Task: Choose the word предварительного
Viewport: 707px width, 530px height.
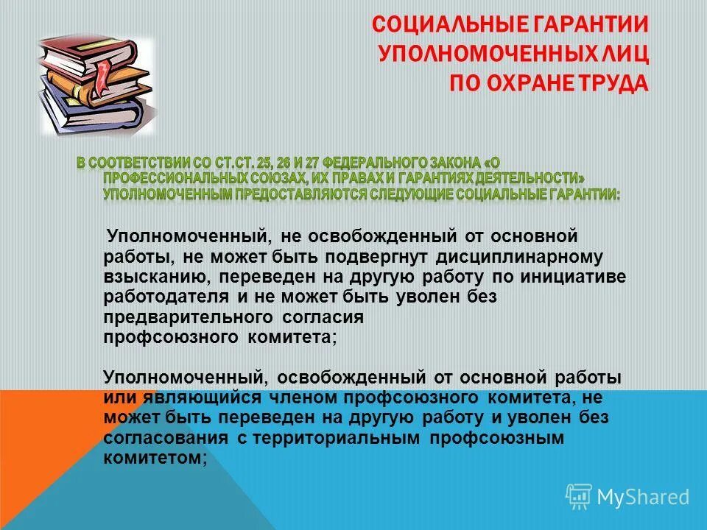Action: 189,317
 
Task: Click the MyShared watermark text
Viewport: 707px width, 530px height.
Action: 642,496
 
